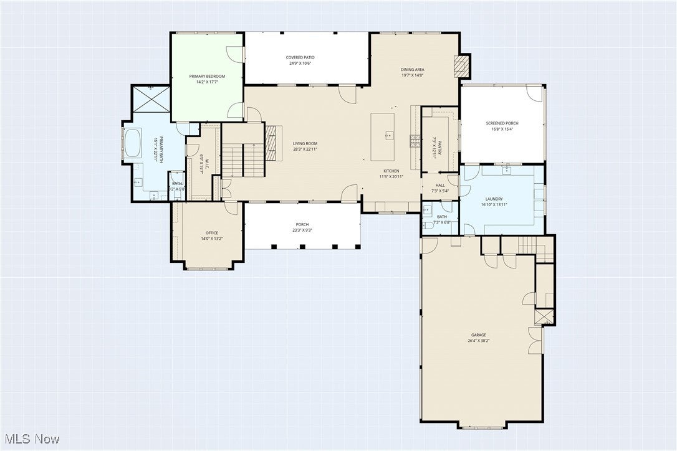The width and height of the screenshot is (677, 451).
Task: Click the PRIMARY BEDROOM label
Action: pyautogui.click(x=207, y=76)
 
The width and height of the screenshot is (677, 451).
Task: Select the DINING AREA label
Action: pyautogui.click(x=412, y=69)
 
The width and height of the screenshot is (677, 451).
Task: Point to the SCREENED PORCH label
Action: pyautogui.click(x=502, y=123)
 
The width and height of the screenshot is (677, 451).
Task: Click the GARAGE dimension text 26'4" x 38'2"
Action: pyautogui.click(x=478, y=341)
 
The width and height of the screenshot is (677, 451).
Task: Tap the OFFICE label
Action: pyautogui.click(x=211, y=233)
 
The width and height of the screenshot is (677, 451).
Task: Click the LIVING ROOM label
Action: pyautogui.click(x=305, y=143)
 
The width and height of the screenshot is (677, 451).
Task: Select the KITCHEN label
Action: pyautogui.click(x=391, y=171)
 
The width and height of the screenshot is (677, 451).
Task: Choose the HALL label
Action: pyautogui.click(x=440, y=185)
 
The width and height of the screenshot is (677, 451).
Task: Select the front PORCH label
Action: pyautogui.click(x=302, y=224)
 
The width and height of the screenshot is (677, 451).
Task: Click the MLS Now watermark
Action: pyautogui.click(x=31, y=439)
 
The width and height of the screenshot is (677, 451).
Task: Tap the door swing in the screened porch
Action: pyautogui.click(x=534, y=94)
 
